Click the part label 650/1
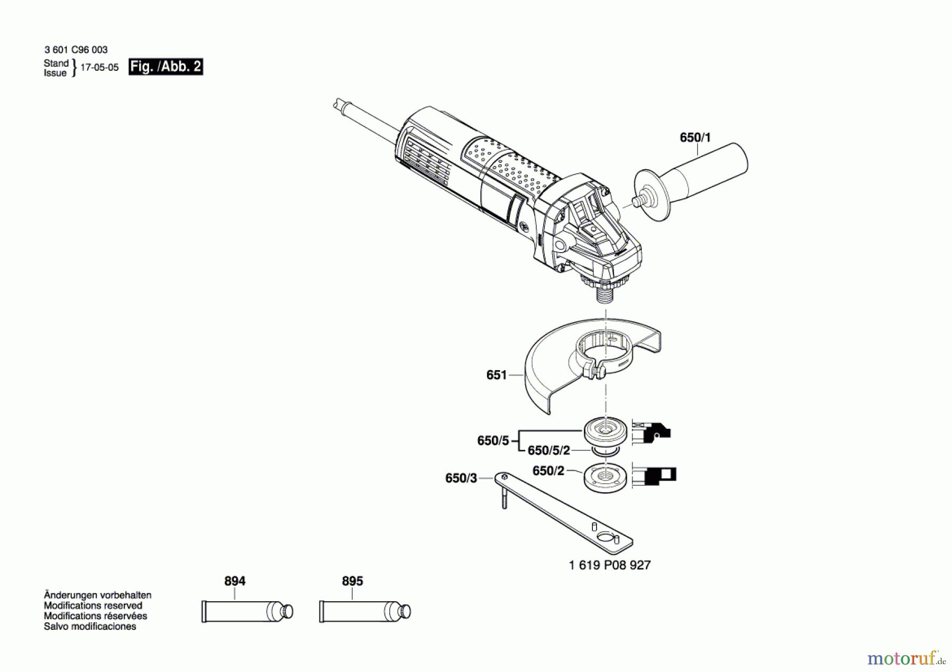695,137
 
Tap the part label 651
496,375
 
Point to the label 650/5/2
548,450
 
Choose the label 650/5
493,440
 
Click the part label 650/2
548,471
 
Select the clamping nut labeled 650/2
606,477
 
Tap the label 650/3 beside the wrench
461,478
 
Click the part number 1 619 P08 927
609,565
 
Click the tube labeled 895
365,612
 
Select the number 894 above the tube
234,581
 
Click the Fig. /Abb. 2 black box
166,67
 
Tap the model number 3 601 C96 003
76,50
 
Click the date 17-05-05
99,68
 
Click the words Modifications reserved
93,605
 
